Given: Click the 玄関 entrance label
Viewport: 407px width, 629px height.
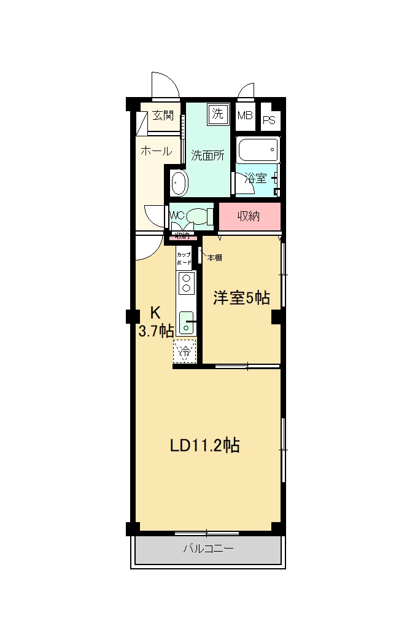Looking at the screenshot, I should coord(163,115).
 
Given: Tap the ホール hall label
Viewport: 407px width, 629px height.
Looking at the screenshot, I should coord(156,150).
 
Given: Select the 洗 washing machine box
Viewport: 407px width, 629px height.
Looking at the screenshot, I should coord(217,113).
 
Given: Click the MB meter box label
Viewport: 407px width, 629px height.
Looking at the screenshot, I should coord(245,115).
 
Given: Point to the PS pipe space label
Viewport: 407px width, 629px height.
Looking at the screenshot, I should coord(269,120).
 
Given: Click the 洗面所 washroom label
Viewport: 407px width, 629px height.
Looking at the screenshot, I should coord(207,155).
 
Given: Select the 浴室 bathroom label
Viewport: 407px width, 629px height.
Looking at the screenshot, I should coord(255,178).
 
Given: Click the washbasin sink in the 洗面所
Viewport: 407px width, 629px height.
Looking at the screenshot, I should coord(179,182).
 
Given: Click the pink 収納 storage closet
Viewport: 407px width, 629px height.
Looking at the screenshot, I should coord(249,216).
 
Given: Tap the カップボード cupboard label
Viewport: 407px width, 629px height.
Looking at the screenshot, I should coord(184,258).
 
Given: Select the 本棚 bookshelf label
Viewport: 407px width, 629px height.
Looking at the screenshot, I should coord(214,258).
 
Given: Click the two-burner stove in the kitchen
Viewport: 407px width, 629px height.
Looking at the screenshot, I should coord(185,282).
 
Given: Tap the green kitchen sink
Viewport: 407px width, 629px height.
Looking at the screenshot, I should coord(187,322).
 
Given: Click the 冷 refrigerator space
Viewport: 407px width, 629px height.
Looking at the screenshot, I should coord(184,352).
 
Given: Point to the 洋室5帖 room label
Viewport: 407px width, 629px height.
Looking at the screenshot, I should coord(241,299).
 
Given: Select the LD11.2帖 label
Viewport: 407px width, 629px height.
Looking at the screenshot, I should coord(204,445).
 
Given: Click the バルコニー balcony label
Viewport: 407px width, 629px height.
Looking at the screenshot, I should coord(207,549).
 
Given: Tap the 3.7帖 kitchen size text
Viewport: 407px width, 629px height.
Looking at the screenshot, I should coord(156,332).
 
